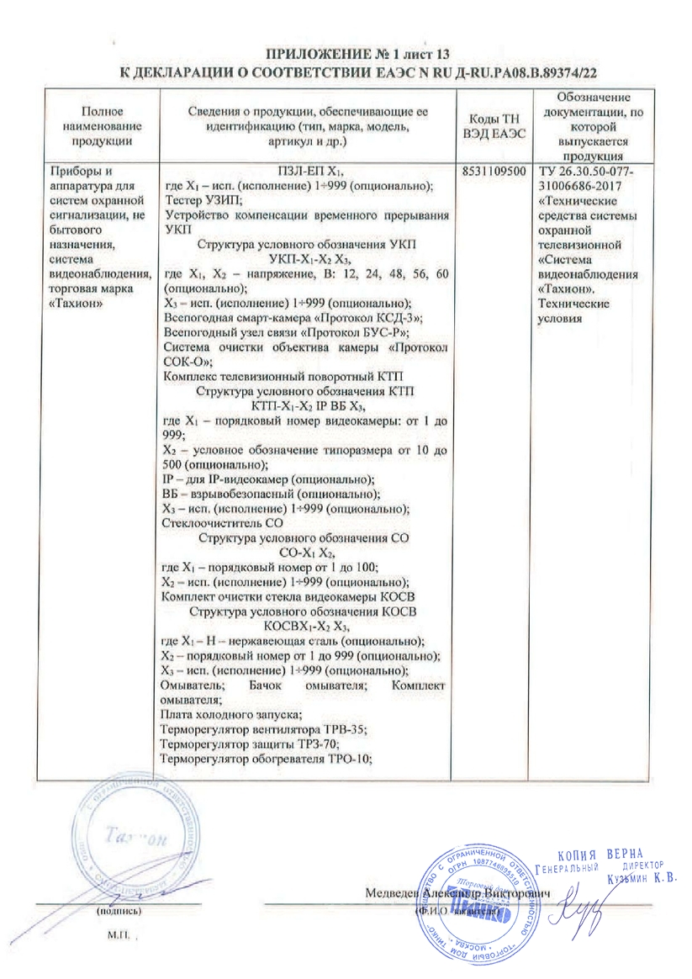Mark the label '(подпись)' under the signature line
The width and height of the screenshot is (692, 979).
tap(120, 911)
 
